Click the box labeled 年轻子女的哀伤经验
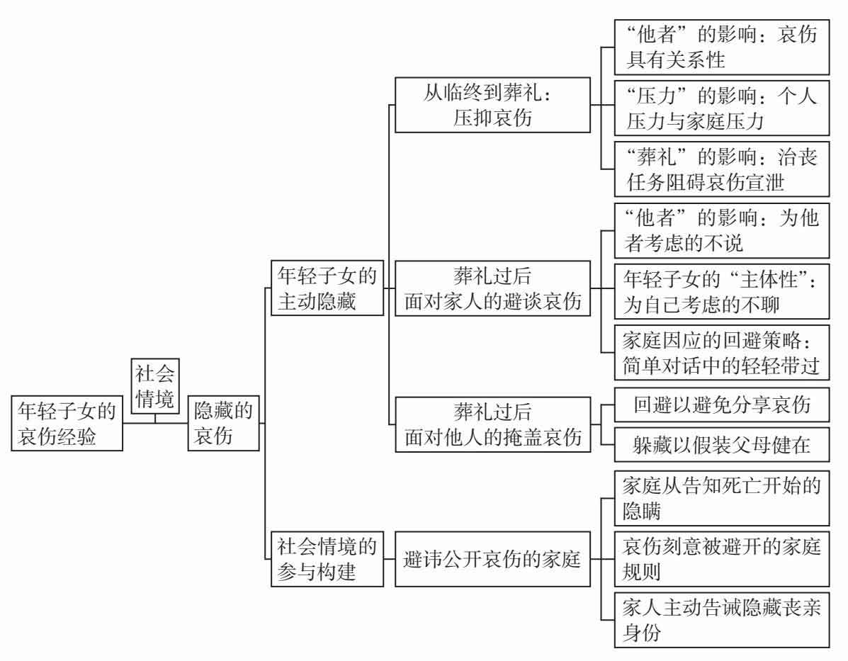67,424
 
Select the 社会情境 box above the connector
154,385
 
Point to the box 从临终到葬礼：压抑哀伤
492,105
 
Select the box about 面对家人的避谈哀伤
492,288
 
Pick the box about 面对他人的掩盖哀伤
492,424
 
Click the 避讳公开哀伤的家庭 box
492,559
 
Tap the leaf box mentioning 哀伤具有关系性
722,47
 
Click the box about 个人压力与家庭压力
722,108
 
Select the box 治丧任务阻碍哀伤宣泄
722,169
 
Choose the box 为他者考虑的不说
722,229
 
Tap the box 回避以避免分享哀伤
722,405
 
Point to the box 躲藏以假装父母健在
722,444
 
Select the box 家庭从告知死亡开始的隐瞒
722,498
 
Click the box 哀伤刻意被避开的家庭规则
722,559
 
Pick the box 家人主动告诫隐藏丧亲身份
722,620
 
